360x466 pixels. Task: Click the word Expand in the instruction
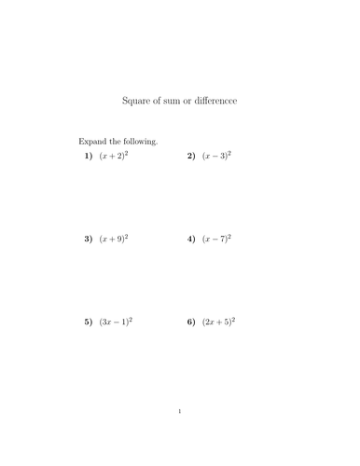93,142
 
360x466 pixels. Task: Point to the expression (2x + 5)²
219,322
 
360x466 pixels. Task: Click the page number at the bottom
180,411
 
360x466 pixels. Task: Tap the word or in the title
197,101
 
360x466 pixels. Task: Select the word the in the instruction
117,142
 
